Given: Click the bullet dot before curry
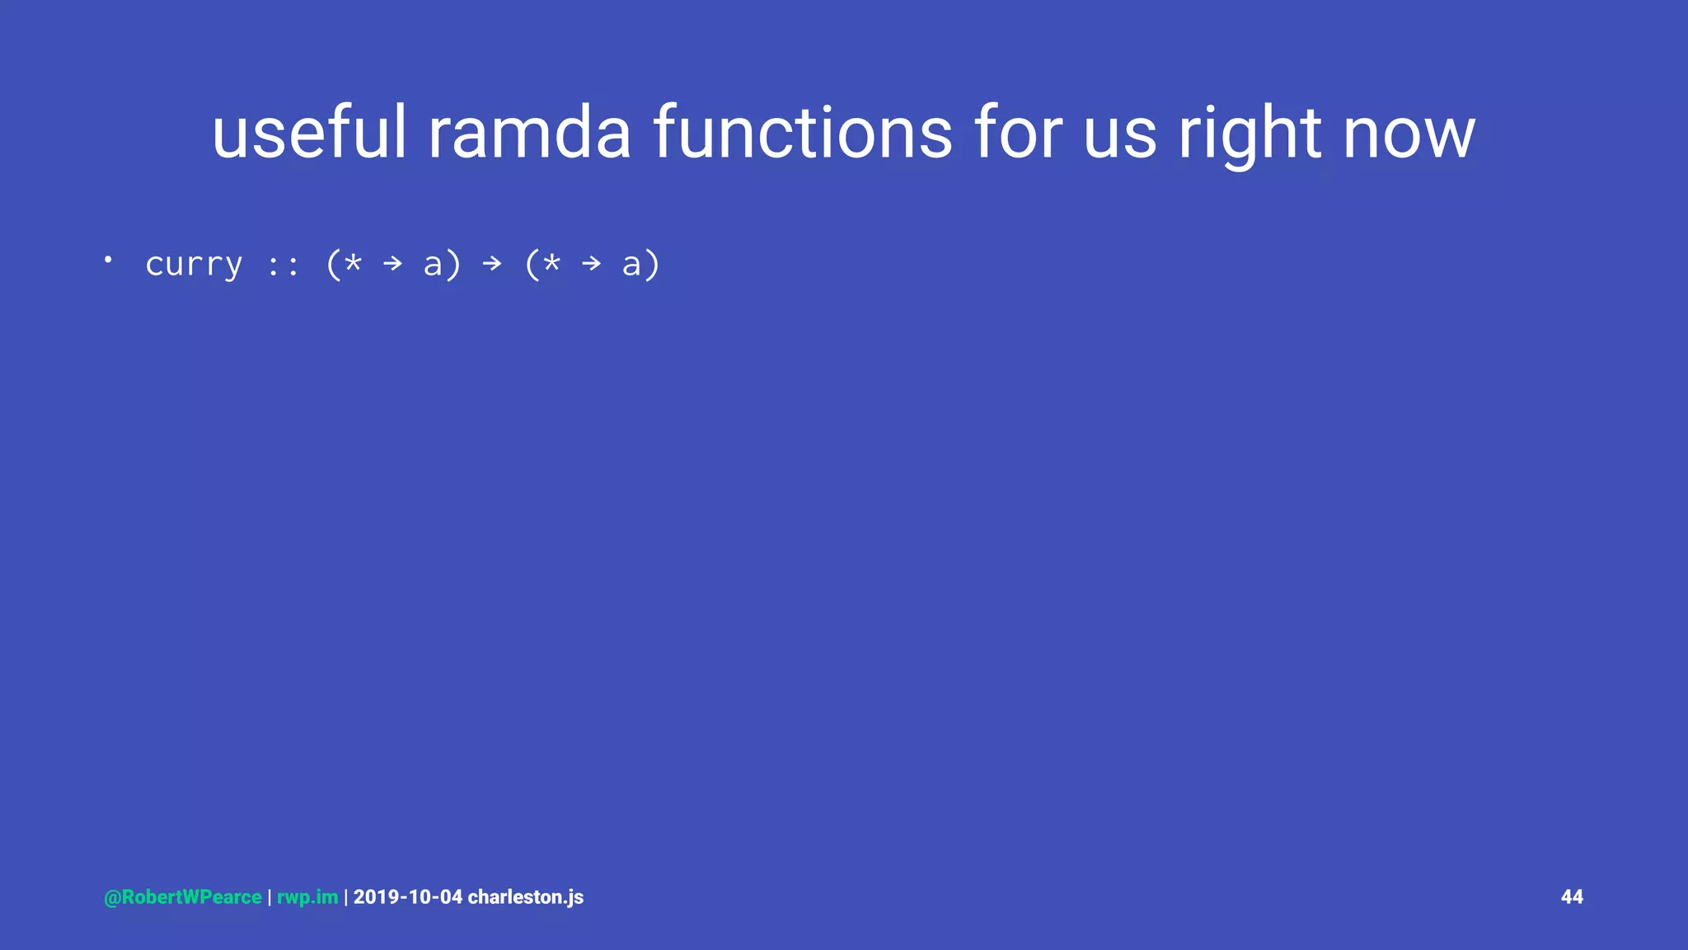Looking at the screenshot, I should click(108, 260).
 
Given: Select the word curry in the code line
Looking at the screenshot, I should click(194, 265).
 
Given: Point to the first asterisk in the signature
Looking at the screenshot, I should click(353, 262).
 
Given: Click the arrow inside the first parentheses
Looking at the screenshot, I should click(393, 264).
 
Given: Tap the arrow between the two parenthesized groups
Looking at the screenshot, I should click(492, 264).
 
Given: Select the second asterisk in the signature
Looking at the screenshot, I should click(551, 262).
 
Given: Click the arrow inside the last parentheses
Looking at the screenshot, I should click(592, 264).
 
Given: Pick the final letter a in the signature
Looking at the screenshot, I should click(631, 266).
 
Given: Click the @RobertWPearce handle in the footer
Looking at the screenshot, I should click(183, 897).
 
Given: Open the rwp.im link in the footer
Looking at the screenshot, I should click(307, 897).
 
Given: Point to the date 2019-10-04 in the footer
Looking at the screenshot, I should click(408, 897).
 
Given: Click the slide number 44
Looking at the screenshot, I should click(1572, 897).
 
